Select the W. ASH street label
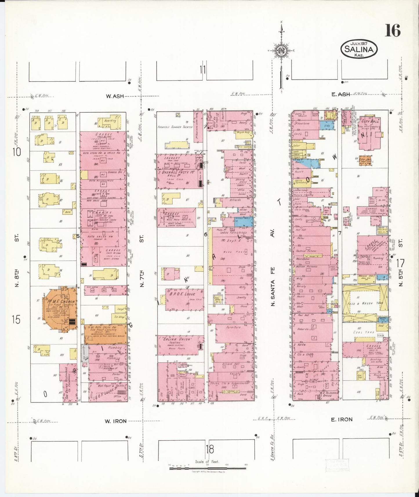pos(115,97)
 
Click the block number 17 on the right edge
pos(400,264)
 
